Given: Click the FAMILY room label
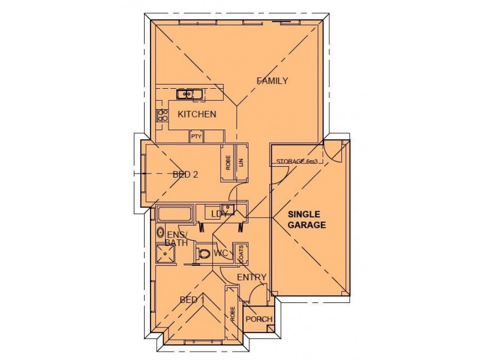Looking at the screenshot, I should tap(272, 81).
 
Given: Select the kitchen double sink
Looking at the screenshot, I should tap(189, 94).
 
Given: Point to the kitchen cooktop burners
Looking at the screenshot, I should tap(161, 115).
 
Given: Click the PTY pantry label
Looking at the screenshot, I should tap(196, 137).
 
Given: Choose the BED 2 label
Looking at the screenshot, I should tap(185, 175).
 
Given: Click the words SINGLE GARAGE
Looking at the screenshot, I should tap(307, 220).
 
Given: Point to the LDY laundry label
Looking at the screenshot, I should tap(217, 214).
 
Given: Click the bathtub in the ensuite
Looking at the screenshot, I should tap(175, 213).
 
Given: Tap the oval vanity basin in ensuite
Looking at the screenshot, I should tap(160, 232).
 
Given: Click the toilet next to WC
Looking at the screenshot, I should tap(205, 254).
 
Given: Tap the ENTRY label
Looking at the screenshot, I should tap(251, 277).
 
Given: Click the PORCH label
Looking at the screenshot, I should tap(259, 319).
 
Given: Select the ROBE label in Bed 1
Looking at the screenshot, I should tap(232, 315).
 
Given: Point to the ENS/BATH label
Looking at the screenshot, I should tap(177, 238).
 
